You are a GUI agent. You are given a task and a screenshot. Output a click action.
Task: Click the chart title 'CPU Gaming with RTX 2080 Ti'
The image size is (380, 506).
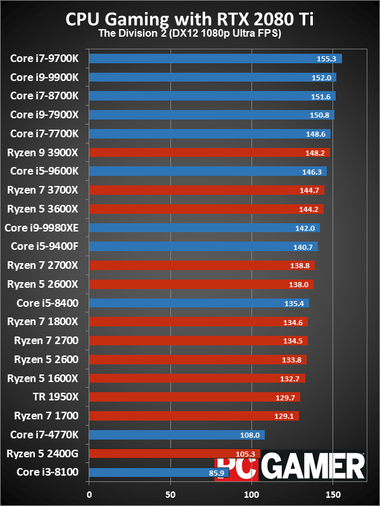(190, 19)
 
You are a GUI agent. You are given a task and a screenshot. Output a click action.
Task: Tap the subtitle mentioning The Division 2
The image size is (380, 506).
(190, 34)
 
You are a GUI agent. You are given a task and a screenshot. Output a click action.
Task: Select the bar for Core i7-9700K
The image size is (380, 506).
(215, 59)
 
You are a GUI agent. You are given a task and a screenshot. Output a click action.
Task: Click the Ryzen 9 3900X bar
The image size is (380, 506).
(209, 152)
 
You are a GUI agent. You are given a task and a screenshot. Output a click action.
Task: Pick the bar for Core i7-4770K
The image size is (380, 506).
(177, 435)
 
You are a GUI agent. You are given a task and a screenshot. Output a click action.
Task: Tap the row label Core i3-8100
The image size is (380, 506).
(47, 472)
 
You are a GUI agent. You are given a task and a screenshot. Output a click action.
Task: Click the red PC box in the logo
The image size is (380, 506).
(237, 468)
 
